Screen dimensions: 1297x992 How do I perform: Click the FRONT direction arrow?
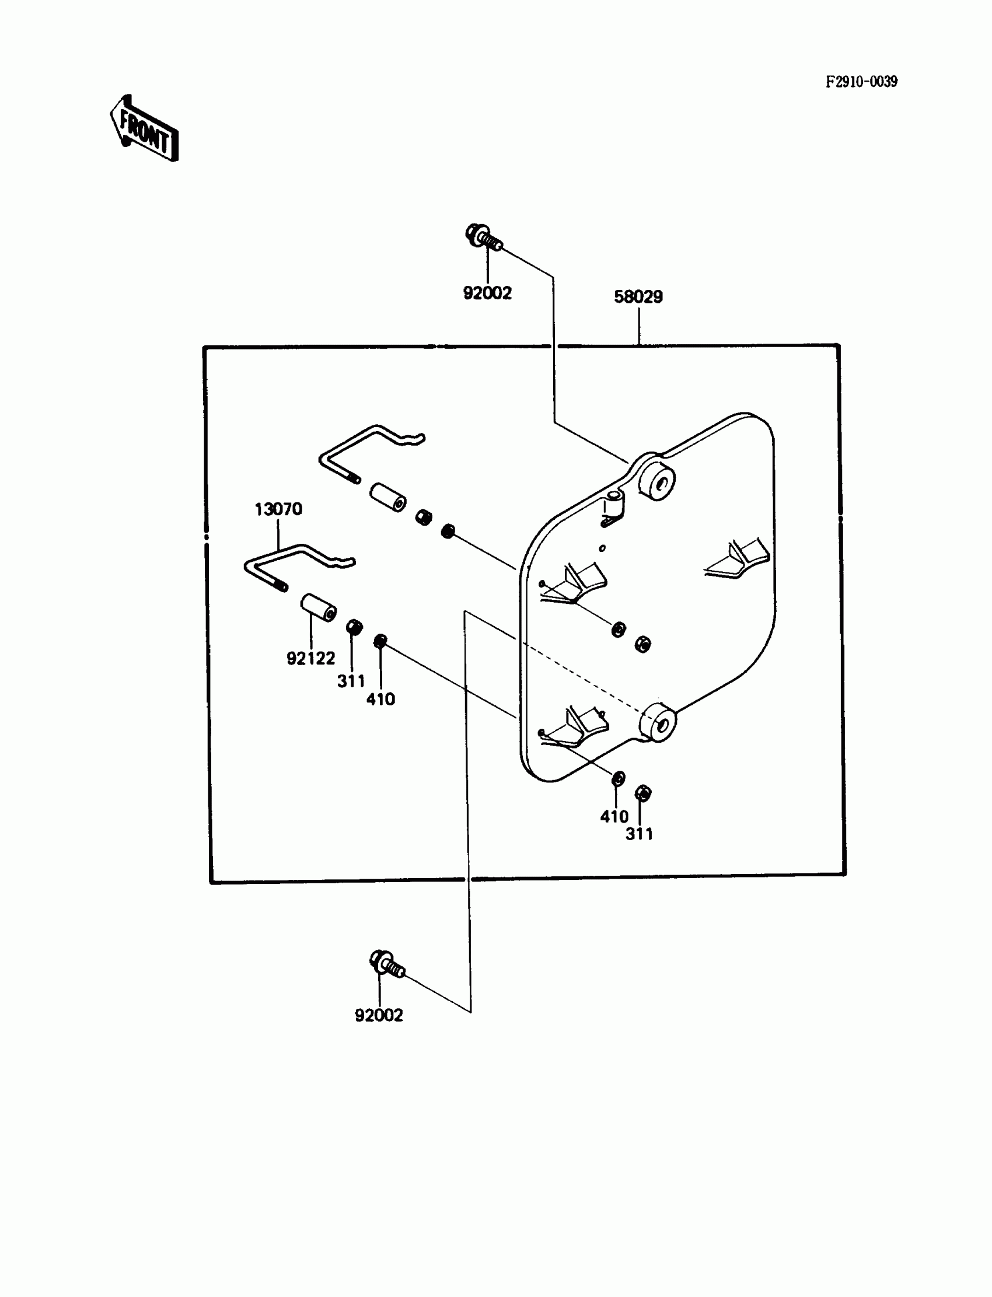click(x=144, y=130)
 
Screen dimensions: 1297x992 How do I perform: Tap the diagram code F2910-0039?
click(x=861, y=82)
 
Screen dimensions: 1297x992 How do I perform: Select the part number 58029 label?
click(x=638, y=296)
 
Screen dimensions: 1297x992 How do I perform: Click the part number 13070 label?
click(x=278, y=509)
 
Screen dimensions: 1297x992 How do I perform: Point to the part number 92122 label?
click(x=310, y=658)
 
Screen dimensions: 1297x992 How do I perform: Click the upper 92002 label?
click(x=487, y=293)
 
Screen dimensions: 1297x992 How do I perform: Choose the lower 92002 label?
click(x=379, y=1015)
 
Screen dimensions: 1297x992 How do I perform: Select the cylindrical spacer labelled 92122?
click(x=319, y=608)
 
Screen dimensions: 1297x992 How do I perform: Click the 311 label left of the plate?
click(x=351, y=681)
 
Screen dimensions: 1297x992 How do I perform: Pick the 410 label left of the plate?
click(x=380, y=699)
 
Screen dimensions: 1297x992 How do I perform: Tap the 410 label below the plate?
click(x=614, y=816)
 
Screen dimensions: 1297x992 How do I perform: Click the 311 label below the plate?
click(x=639, y=834)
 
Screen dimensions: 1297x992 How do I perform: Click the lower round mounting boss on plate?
click(x=658, y=722)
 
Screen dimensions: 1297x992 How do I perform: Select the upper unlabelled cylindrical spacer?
click(x=388, y=498)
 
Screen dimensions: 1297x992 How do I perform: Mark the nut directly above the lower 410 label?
click(x=618, y=779)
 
